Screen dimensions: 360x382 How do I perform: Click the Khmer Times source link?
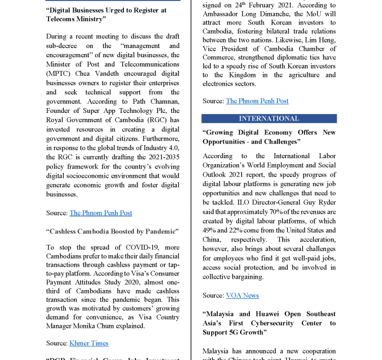pyautogui.click(x=89, y=343)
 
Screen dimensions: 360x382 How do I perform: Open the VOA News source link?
pyautogui.click(x=242, y=295)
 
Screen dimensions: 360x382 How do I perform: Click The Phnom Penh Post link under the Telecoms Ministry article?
pyautogui.click(x=100, y=213)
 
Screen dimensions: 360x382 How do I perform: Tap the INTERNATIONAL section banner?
pyautogui.click(x=269, y=118)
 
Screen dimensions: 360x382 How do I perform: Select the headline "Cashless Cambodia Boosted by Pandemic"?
pyautogui.click(x=112, y=231)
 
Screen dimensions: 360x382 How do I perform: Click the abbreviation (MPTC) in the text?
pyautogui.click(x=61, y=74)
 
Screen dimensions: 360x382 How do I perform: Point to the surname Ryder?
pyautogui.click(x=325, y=202)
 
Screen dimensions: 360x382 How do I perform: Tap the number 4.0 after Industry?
pyautogui.click(x=173, y=148)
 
